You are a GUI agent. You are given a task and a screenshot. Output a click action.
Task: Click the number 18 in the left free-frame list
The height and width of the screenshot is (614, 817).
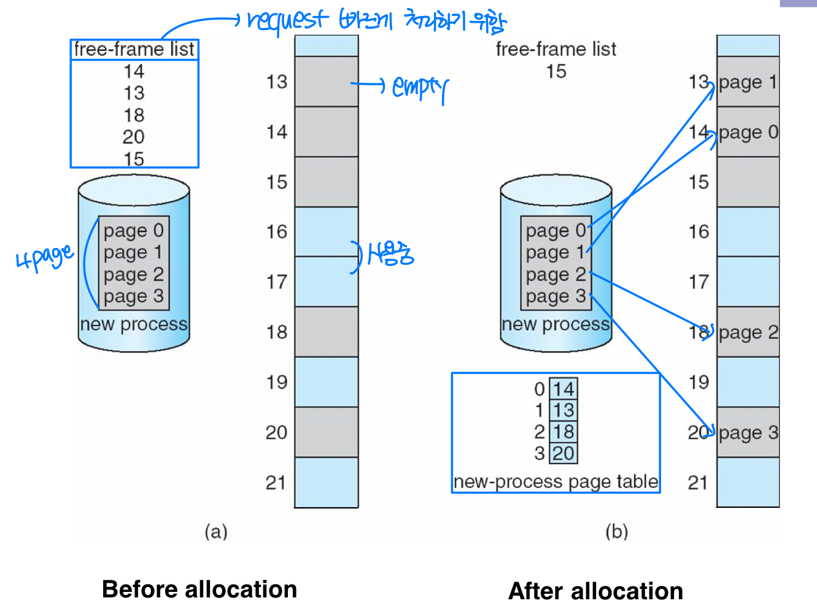(x=134, y=115)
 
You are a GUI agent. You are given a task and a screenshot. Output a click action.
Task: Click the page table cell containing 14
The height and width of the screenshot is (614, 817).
(x=563, y=389)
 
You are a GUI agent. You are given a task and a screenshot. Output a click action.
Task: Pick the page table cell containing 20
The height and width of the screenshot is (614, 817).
(x=563, y=453)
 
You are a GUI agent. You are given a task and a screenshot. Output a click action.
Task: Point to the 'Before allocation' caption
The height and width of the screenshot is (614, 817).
(x=199, y=589)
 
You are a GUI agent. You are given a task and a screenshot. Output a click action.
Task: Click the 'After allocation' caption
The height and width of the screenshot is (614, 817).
(x=595, y=591)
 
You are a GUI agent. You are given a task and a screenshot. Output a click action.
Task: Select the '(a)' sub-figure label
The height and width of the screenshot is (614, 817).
(x=216, y=531)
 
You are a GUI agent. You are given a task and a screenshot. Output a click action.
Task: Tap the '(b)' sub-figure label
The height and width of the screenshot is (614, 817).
(x=616, y=531)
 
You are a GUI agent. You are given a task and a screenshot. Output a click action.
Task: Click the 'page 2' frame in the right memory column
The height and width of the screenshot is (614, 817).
(x=748, y=332)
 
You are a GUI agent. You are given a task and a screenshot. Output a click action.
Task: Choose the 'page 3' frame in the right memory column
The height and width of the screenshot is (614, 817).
(x=748, y=432)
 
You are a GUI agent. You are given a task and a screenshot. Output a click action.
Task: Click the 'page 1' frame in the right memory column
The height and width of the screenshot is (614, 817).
(x=748, y=82)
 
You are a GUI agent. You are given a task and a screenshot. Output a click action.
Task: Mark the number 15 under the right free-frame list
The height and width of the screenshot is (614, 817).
(x=556, y=71)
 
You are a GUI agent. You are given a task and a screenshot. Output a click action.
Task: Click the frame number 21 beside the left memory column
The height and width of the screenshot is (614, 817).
(x=276, y=483)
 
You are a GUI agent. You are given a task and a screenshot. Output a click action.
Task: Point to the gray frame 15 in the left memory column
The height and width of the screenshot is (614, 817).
(x=326, y=182)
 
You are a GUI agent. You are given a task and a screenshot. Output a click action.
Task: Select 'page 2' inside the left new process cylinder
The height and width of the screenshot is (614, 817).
(x=133, y=274)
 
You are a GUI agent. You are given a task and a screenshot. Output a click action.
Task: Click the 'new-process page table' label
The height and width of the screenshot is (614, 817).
(x=556, y=481)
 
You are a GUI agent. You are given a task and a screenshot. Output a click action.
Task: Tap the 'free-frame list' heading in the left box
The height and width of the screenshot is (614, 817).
(x=134, y=49)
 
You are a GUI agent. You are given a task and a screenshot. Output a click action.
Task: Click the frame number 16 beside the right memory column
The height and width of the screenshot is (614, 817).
(x=699, y=232)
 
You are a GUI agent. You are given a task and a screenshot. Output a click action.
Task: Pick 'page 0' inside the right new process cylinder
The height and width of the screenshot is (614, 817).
(x=556, y=231)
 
